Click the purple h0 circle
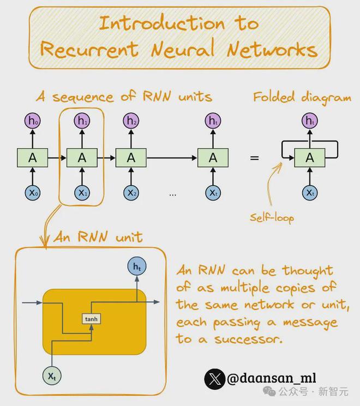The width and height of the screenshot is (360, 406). (x=32, y=122)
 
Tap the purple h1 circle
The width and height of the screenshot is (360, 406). (x=82, y=122)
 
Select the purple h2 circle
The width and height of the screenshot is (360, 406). (x=131, y=122)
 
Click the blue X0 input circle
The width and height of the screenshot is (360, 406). (x=32, y=192)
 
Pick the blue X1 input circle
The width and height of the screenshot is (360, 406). (x=82, y=192)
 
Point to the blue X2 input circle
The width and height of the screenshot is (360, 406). (x=131, y=192)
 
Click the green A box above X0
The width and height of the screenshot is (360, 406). (x=32, y=157)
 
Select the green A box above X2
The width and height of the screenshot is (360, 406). (x=131, y=157)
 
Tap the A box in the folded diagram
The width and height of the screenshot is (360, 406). (x=310, y=157)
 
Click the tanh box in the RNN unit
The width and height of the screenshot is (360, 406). (x=89, y=318)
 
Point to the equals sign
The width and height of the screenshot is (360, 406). (x=254, y=158)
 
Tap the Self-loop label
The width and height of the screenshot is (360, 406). (x=272, y=218)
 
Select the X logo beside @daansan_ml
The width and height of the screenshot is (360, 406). (x=214, y=378)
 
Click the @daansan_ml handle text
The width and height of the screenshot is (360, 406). (x=271, y=378)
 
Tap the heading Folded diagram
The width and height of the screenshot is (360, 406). (x=302, y=98)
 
